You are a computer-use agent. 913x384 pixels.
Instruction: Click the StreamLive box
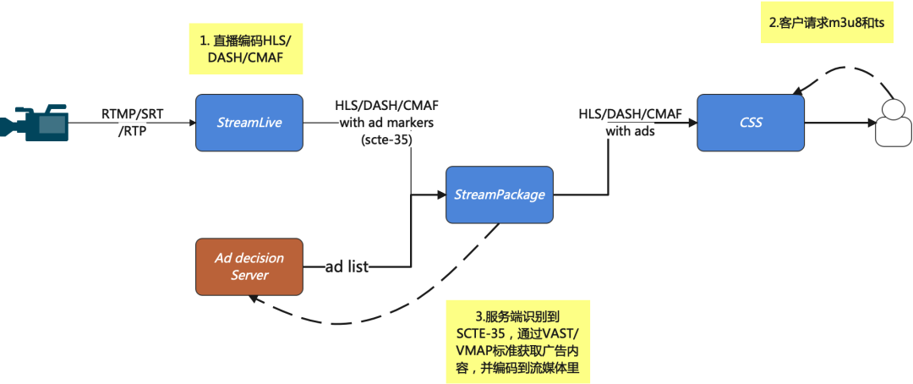[249, 123]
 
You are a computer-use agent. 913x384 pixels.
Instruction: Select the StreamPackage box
[500, 195]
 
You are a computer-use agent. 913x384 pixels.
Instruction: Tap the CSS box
[750, 123]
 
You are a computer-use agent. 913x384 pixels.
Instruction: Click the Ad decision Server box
[249, 266]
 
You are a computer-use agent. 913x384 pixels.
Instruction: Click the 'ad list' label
[347, 267]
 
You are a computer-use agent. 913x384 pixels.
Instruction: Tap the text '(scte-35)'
[385, 140]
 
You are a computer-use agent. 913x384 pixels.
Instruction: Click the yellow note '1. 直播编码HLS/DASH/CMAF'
[245, 48]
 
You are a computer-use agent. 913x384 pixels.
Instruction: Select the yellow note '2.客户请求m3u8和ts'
[827, 24]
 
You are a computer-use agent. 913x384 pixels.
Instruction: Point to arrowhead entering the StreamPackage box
[440, 195]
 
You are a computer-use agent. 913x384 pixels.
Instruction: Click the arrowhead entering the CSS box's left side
[691, 123]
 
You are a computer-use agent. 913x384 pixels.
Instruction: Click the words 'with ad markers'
[386, 123]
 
